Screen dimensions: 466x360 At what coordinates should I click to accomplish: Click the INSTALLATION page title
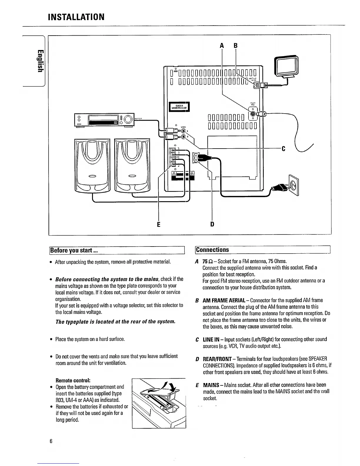click(x=76, y=17)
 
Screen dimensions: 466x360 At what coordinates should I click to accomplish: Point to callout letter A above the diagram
click(x=222, y=46)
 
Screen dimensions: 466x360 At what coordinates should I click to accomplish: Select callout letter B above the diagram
click(x=235, y=46)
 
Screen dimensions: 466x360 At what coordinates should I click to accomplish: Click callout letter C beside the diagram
click(x=284, y=149)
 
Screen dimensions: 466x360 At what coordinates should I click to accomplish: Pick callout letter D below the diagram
click(x=212, y=224)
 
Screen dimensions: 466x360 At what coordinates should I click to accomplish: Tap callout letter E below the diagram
click(x=159, y=225)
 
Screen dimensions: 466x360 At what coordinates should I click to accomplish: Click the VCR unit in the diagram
click(x=105, y=119)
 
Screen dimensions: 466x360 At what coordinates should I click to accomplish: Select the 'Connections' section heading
click(x=212, y=250)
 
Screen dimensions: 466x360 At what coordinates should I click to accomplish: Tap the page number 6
click(x=51, y=441)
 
